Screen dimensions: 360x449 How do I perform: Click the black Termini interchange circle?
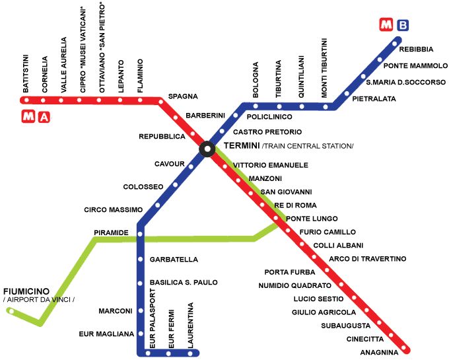click(x=207, y=150)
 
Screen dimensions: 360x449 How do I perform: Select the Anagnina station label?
click(x=380, y=351)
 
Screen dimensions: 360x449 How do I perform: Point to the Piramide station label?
click(x=110, y=233)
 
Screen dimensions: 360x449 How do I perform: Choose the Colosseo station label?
click(x=143, y=187)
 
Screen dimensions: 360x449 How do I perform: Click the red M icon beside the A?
click(x=28, y=118)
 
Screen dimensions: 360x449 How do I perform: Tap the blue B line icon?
click(x=403, y=26)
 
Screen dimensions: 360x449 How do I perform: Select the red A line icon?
click(x=44, y=118)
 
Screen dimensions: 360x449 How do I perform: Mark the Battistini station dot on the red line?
click(x=26, y=100)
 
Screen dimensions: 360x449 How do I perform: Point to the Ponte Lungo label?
click(x=312, y=219)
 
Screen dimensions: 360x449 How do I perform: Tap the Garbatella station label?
click(x=174, y=260)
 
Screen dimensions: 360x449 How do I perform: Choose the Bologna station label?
click(x=256, y=79)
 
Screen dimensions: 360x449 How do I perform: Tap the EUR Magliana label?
click(x=106, y=334)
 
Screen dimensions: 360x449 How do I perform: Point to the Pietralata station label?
click(x=374, y=98)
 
